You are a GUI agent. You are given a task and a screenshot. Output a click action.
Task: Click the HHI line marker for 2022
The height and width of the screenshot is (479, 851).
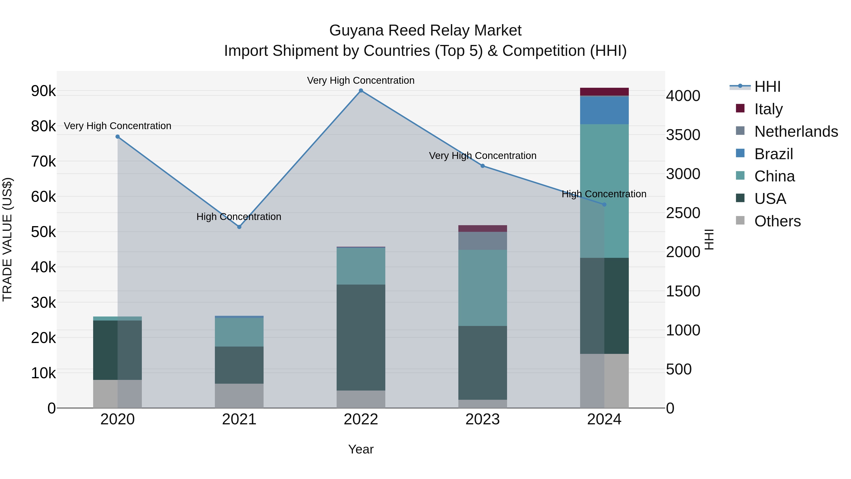point(361,91)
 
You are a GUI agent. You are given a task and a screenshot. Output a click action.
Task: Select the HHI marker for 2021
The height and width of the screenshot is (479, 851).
point(239,227)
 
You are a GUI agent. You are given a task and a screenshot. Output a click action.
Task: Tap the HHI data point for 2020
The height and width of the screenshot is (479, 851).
point(118,136)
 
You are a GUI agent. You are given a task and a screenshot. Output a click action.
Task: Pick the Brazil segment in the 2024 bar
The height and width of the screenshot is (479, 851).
point(604,110)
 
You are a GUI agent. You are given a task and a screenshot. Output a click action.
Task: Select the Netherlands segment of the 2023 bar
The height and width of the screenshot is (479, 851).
point(482,241)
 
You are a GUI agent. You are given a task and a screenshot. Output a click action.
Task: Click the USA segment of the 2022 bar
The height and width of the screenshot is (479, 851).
point(361,337)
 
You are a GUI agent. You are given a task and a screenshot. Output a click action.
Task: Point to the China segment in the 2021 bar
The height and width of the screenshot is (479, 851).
point(239,332)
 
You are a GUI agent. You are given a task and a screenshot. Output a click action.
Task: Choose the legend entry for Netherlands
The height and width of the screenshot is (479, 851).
point(796,132)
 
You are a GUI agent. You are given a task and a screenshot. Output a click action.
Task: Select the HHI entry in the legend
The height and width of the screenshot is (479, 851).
point(767,87)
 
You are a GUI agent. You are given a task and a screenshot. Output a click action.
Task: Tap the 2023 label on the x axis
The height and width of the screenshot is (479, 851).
point(482,419)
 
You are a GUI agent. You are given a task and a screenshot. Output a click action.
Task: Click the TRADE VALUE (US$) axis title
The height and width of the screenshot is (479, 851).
point(8,239)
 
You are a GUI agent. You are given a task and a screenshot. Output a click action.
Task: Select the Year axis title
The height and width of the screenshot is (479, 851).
point(361,449)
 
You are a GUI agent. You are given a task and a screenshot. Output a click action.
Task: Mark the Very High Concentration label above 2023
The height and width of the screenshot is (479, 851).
point(482,155)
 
